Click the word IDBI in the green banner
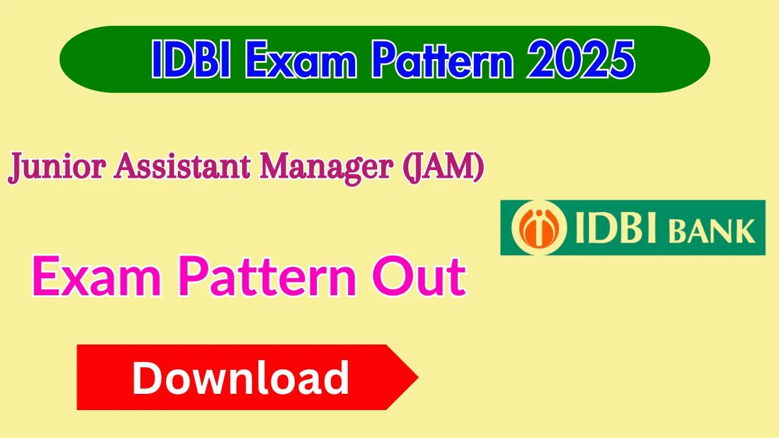click(x=191, y=60)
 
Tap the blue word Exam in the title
click(x=301, y=60)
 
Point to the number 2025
click(x=581, y=60)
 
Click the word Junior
click(x=56, y=167)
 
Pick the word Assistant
click(x=182, y=166)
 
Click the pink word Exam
click(x=97, y=276)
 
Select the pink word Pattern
click(x=267, y=276)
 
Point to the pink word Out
click(x=419, y=276)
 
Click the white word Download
click(x=240, y=378)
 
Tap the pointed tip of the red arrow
click(x=418, y=377)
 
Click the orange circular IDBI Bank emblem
click(x=539, y=228)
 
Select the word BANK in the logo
click(x=712, y=231)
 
